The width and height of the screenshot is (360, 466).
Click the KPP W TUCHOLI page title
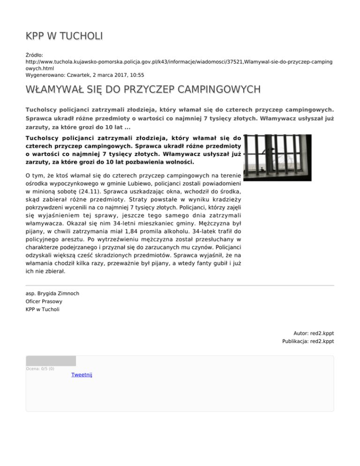[x=64, y=36]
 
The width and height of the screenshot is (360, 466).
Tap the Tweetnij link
[x=82, y=375]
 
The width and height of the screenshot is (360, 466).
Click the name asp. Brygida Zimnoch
[x=52, y=293]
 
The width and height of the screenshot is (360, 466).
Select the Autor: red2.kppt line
[x=314, y=333]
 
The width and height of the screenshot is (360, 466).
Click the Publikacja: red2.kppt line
[x=308, y=341]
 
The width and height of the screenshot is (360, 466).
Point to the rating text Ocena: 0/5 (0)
[x=40, y=368]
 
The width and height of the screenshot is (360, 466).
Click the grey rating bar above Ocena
[x=51, y=361]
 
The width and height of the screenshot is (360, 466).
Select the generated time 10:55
[x=136, y=75]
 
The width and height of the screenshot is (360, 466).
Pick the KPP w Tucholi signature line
[x=43, y=309]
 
